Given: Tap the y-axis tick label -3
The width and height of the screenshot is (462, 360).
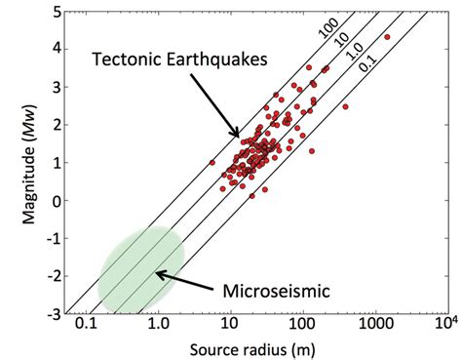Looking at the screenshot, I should point(56,315).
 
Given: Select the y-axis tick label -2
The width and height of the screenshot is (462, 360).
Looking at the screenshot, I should point(56,277).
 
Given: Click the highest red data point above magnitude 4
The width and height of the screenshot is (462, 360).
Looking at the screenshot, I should point(387,37).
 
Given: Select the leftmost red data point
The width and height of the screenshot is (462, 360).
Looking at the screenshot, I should point(212,162).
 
